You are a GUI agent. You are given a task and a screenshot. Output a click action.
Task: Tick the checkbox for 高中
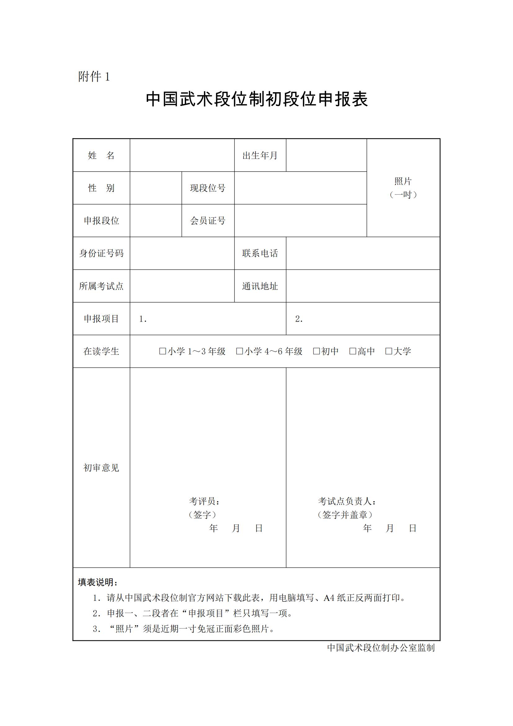coord(353,351)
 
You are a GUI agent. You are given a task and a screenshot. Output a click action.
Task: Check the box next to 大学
coord(389,351)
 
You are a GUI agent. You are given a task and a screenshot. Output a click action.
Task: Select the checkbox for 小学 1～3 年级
coord(163,351)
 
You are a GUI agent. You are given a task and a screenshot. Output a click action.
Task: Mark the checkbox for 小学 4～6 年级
coord(239,351)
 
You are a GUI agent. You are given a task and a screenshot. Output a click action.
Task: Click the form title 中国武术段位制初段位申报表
coord(256,99)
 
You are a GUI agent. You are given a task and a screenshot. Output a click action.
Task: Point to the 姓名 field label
coord(101,155)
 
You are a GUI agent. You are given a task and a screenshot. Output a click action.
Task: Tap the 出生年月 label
coord(260,155)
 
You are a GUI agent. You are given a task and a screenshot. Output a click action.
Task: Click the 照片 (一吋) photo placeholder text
coord(403,188)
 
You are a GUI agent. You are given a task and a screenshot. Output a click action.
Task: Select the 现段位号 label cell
coord(207,188)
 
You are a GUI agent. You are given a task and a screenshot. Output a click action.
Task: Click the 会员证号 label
coord(207,221)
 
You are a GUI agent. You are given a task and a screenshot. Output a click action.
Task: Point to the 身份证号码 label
coord(101,253)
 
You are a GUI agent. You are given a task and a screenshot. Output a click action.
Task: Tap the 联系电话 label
coord(260,253)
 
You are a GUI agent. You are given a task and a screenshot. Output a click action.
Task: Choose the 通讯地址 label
coord(260,286)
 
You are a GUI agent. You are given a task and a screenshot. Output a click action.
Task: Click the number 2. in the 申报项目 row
coord(299,319)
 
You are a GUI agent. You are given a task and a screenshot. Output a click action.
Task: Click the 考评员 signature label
coord(204,501)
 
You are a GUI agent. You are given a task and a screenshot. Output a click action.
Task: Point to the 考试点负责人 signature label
coord(346,501)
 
